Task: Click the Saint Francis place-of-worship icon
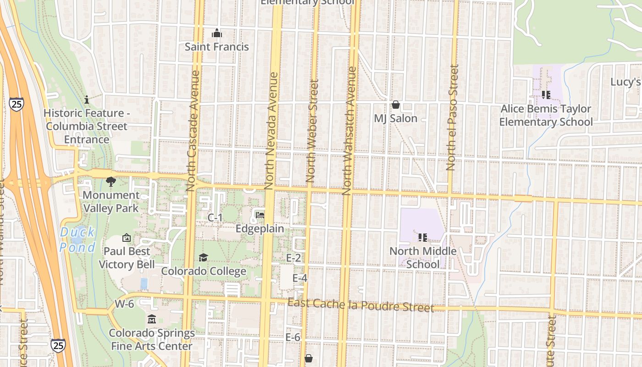217,33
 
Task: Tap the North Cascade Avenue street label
194,131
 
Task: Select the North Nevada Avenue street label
272,131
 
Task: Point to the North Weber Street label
312,131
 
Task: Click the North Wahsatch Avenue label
349,131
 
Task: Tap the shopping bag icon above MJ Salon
395,105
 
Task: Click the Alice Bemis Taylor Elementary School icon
546,95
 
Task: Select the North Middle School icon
422,237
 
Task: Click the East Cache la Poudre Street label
360,305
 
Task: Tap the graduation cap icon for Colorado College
203,258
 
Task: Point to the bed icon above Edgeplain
260,215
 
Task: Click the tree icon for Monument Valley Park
111,182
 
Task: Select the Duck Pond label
77,239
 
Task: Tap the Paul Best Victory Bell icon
127,238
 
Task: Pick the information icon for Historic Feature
87,100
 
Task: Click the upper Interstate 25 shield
16,104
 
